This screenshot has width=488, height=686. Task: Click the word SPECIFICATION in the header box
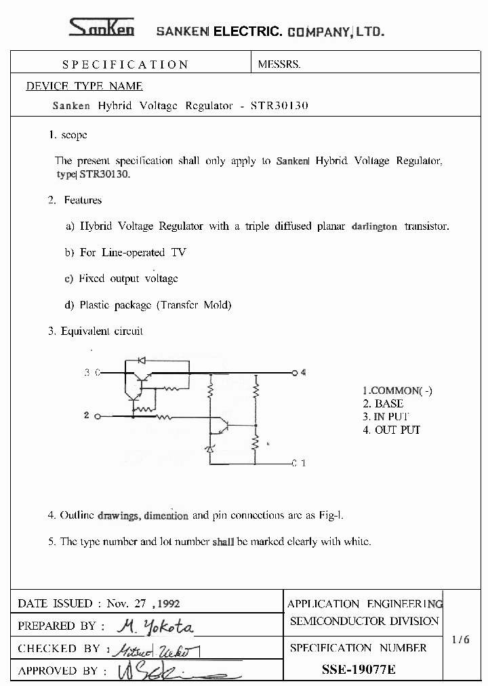125,64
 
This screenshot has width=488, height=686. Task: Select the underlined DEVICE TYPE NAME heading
84,86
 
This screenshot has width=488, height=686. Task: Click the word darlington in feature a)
374,226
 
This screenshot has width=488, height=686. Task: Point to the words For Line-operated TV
133,252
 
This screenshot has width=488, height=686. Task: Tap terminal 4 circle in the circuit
295,373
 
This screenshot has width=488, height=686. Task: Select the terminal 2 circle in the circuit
100,416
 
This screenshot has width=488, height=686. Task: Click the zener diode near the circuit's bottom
209,449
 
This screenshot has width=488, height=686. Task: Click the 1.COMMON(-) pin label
397,390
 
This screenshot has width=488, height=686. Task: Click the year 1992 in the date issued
167,603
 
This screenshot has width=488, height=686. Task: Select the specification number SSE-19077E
359,670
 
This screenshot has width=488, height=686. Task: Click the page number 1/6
460,639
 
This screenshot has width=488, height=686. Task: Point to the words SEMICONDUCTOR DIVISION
365,621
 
